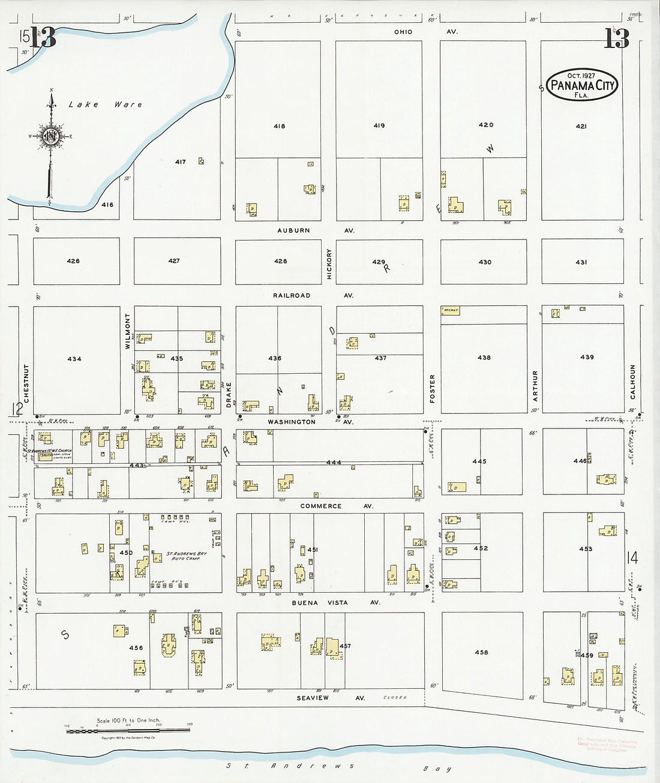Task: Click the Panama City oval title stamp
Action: (x=582, y=85)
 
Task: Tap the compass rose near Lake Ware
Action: (x=50, y=136)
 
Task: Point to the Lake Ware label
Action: (x=106, y=105)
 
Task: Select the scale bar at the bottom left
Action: (x=127, y=730)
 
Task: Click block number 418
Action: (x=279, y=126)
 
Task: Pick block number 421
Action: (x=581, y=127)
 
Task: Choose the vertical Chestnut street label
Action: (x=26, y=383)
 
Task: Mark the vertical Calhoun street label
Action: (x=632, y=382)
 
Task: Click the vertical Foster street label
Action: (x=432, y=388)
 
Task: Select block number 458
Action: (x=481, y=652)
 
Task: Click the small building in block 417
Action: (x=201, y=161)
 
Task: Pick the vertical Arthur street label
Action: (x=535, y=386)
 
